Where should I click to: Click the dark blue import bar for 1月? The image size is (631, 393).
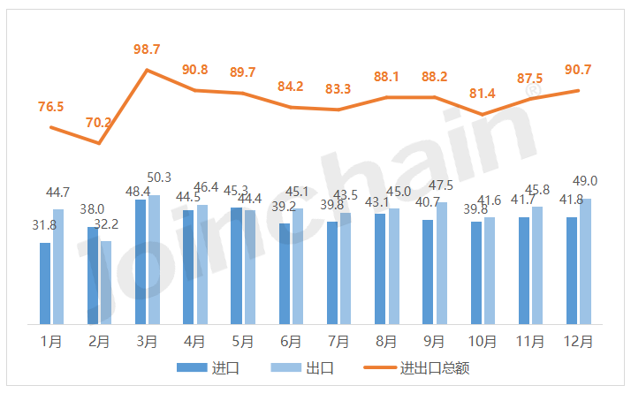[45, 283]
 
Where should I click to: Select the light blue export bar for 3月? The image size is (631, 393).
[155, 260]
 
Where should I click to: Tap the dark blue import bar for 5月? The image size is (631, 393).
[236, 266]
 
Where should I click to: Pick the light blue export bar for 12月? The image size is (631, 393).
[585, 261]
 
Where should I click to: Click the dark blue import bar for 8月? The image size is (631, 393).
[380, 268]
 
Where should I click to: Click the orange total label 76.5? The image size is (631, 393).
[50, 107]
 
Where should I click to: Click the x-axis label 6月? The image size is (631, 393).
[291, 340]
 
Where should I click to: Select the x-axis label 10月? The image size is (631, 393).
[483, 340]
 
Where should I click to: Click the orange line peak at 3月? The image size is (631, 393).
[148, 70]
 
